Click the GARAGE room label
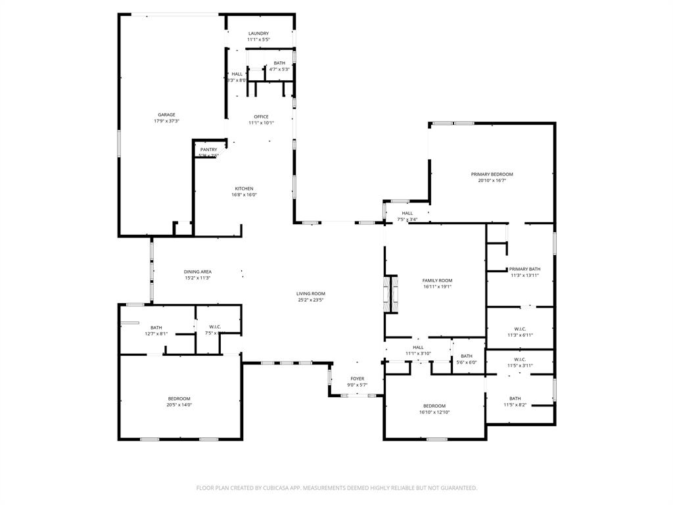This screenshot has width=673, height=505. coord(166,114)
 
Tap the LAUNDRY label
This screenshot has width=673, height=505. coord(258,34)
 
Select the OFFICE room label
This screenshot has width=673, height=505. coord(261,116)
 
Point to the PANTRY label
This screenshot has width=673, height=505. coord(208,149)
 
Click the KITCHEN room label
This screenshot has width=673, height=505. coord(243,189)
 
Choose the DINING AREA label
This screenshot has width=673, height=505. coord(197,272)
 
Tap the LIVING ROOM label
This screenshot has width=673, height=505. coord(311,293)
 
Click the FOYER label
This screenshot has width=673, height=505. coord(357,379)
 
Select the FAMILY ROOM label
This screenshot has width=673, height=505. coord(437,280)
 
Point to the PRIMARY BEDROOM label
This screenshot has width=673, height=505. coord(492,174)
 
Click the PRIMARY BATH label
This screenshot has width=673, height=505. coord(524,269)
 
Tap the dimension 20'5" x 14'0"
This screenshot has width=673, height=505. coord(179,405)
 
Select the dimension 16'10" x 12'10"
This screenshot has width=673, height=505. coord(434,412)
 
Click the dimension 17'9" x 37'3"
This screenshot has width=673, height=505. coord(166,121)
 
